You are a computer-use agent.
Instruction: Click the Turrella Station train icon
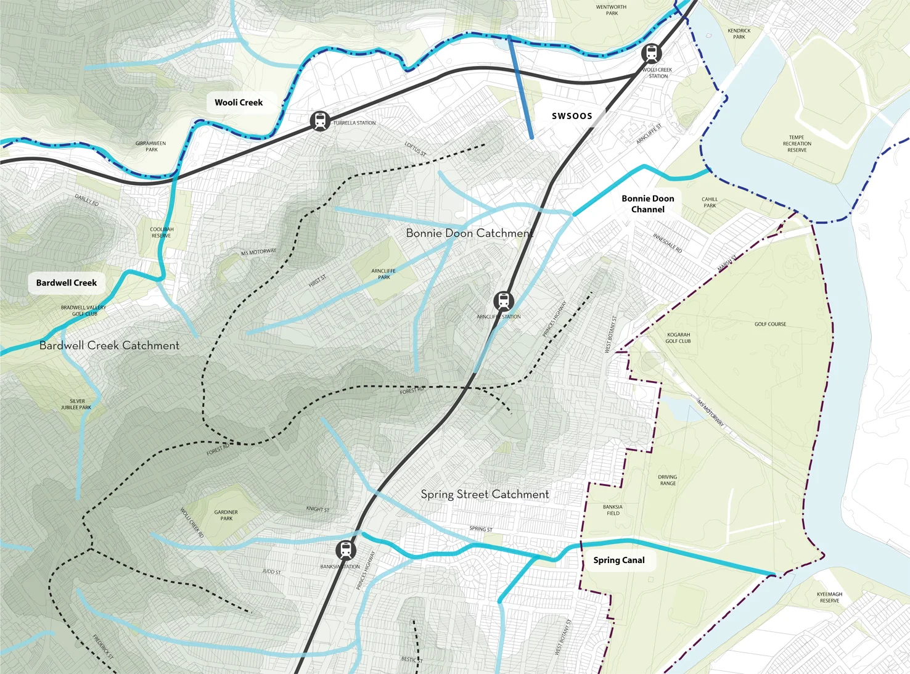click(x=320, y=121)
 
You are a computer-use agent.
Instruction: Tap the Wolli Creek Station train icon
click(x=651, y=54)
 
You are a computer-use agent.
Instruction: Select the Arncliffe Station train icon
click(x=504, y=302)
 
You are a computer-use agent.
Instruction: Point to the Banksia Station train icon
click(x=346, y=549)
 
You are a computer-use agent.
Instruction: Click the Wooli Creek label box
click(x=239, y=102)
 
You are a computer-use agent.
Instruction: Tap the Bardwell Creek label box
click(x=67, y=283)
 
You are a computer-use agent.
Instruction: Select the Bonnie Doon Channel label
click(x=647, y=204)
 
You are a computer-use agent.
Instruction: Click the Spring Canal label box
click(x=619, y=560)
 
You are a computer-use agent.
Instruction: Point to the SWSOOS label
click(x=572, y=116)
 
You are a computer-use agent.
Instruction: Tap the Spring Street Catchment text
click(x=485, y=495)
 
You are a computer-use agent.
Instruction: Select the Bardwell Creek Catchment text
click(x=109, y=346)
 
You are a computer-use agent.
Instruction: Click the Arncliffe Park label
click(x=383, y=274)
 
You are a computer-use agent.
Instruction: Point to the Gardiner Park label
click(x=226, y=516)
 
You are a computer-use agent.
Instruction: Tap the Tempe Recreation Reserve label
click(x=797, y=144)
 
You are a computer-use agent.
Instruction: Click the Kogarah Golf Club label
click(x=678, y=338)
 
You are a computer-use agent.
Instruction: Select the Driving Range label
click(x=667, y=480)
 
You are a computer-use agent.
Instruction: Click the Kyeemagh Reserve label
click(x=829, y=598)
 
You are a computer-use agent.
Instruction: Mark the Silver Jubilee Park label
click(x=76, y=405)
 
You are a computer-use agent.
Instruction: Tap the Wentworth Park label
click(x=611, y=10)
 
